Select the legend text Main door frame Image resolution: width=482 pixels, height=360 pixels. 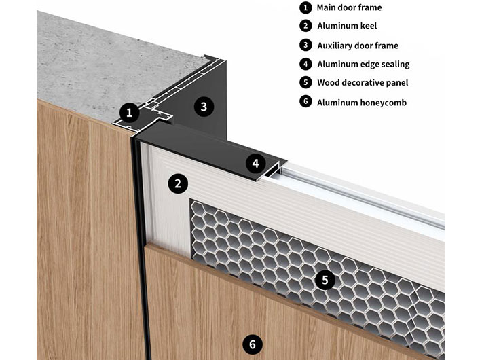click(349, 8)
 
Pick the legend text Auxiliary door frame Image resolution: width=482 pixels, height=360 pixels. click(358, 46)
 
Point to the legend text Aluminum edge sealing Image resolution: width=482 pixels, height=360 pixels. click(363, 65)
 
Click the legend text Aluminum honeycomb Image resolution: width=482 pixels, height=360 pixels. click(357, 102)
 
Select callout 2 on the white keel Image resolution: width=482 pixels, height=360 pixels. click(178, 183)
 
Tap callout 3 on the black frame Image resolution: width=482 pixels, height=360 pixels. click(203, 105)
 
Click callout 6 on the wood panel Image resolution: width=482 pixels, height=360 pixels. click(253, 345)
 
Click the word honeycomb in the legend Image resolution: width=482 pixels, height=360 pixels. click(379, 102)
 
